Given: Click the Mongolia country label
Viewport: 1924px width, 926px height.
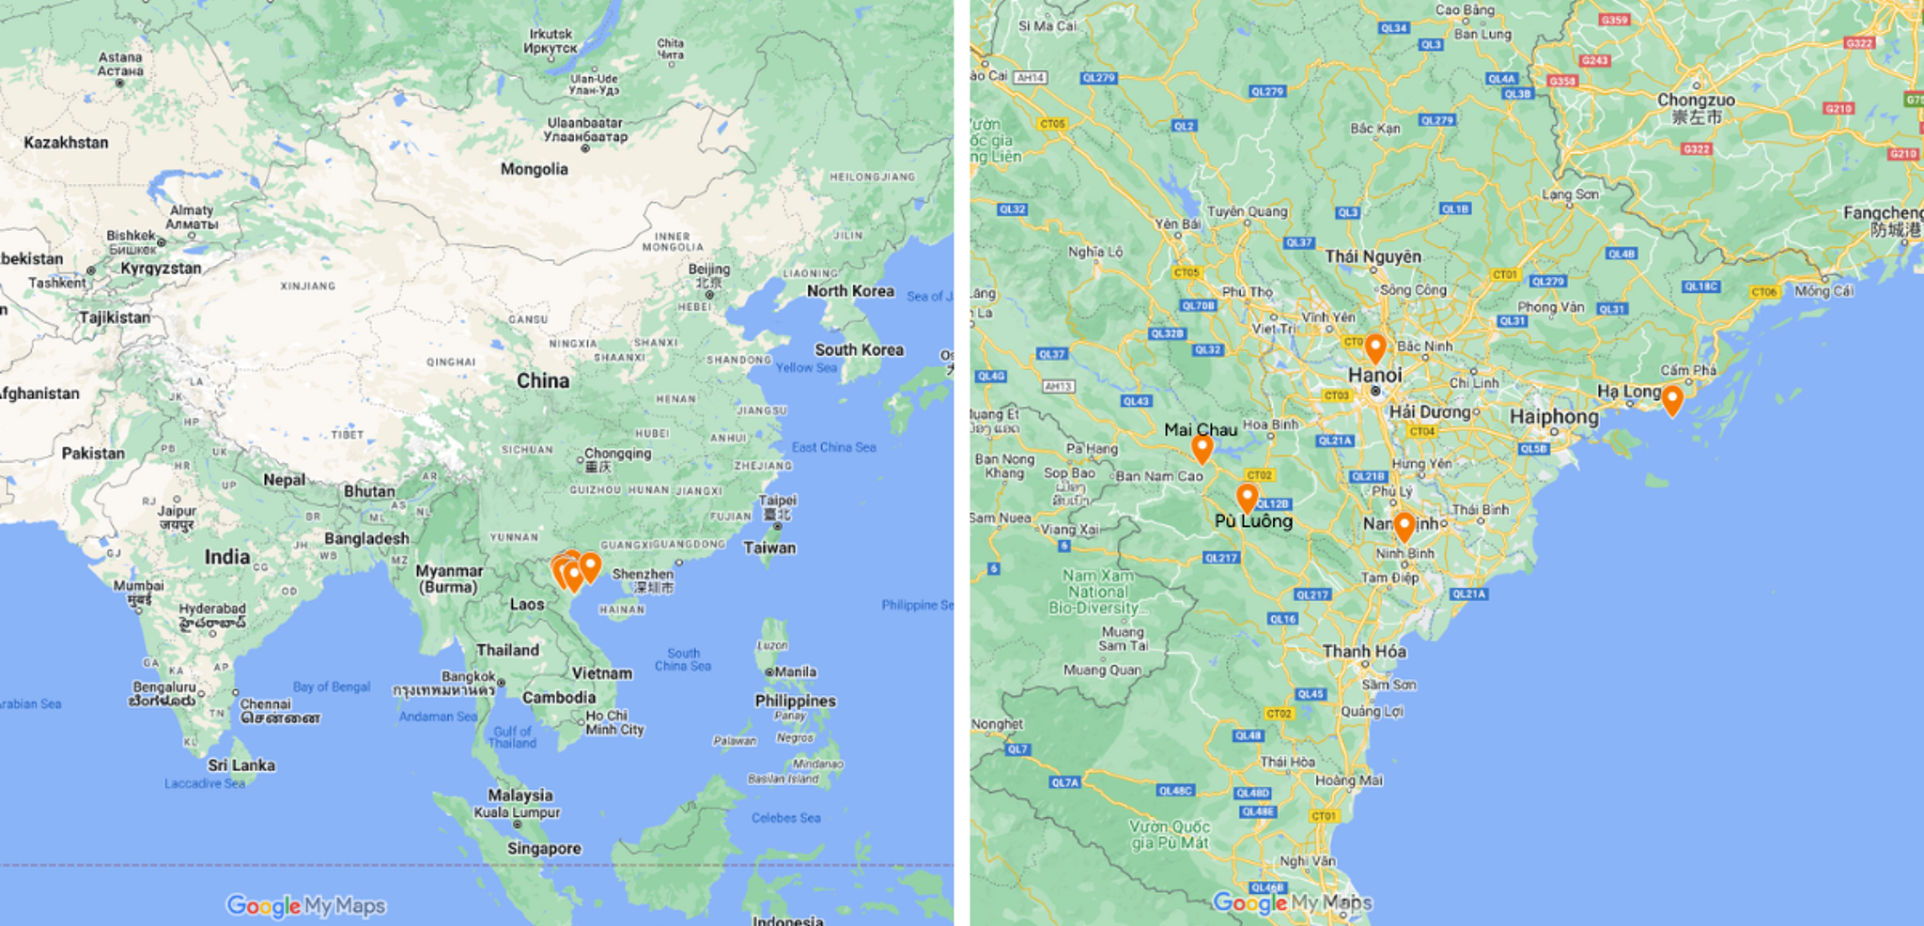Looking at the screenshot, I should tap(534, 169).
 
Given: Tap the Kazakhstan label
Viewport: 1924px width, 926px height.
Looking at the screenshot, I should tap(66, 143).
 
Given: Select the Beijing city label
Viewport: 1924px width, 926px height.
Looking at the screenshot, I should tap(709, 270).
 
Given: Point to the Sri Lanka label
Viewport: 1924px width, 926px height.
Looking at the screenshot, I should tap(241, 765).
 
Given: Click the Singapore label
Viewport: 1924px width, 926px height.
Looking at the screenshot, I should tap(544, 849).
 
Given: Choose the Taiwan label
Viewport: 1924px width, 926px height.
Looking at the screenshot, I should tap(769, 548).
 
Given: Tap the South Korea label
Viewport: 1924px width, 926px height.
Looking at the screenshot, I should tap(859, 350).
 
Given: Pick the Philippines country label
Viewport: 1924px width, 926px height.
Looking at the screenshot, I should tap(795, 701).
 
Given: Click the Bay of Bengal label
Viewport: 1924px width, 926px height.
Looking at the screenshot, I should tap(332, 687).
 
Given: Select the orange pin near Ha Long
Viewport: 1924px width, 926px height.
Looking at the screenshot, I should tap(1672, 400).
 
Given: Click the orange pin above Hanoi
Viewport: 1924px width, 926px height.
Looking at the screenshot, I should tap(1375, 347).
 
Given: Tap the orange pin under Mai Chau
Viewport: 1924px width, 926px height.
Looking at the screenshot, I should tap(1202, 449).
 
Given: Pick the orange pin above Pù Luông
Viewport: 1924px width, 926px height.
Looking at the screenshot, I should tap(1247, 498).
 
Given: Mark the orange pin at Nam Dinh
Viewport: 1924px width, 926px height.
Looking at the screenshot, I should tap(1404, 526).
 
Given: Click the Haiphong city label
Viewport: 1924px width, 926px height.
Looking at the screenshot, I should tap(1554, 416).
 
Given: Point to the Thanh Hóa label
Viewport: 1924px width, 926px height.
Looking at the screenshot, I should tap(1364, 651).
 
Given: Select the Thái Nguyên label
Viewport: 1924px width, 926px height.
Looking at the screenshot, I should tap(1373, 256).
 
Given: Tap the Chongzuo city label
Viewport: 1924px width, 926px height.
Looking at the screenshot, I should tap(1696, 100).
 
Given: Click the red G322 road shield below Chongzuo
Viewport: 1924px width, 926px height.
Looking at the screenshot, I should tap(1696, 149).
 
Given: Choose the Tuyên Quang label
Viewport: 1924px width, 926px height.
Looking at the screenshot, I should tap(1247, 211).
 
